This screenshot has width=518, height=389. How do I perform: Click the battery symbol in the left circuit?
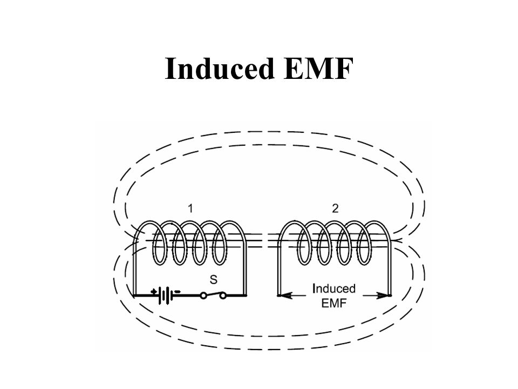click(168, 296)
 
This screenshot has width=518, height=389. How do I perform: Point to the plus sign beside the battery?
click(154, 290)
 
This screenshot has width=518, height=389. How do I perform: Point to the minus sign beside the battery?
click(179, 290)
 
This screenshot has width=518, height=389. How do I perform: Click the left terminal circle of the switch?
click(204, 296)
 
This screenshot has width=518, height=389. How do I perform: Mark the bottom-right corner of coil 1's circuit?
click(246, 296)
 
